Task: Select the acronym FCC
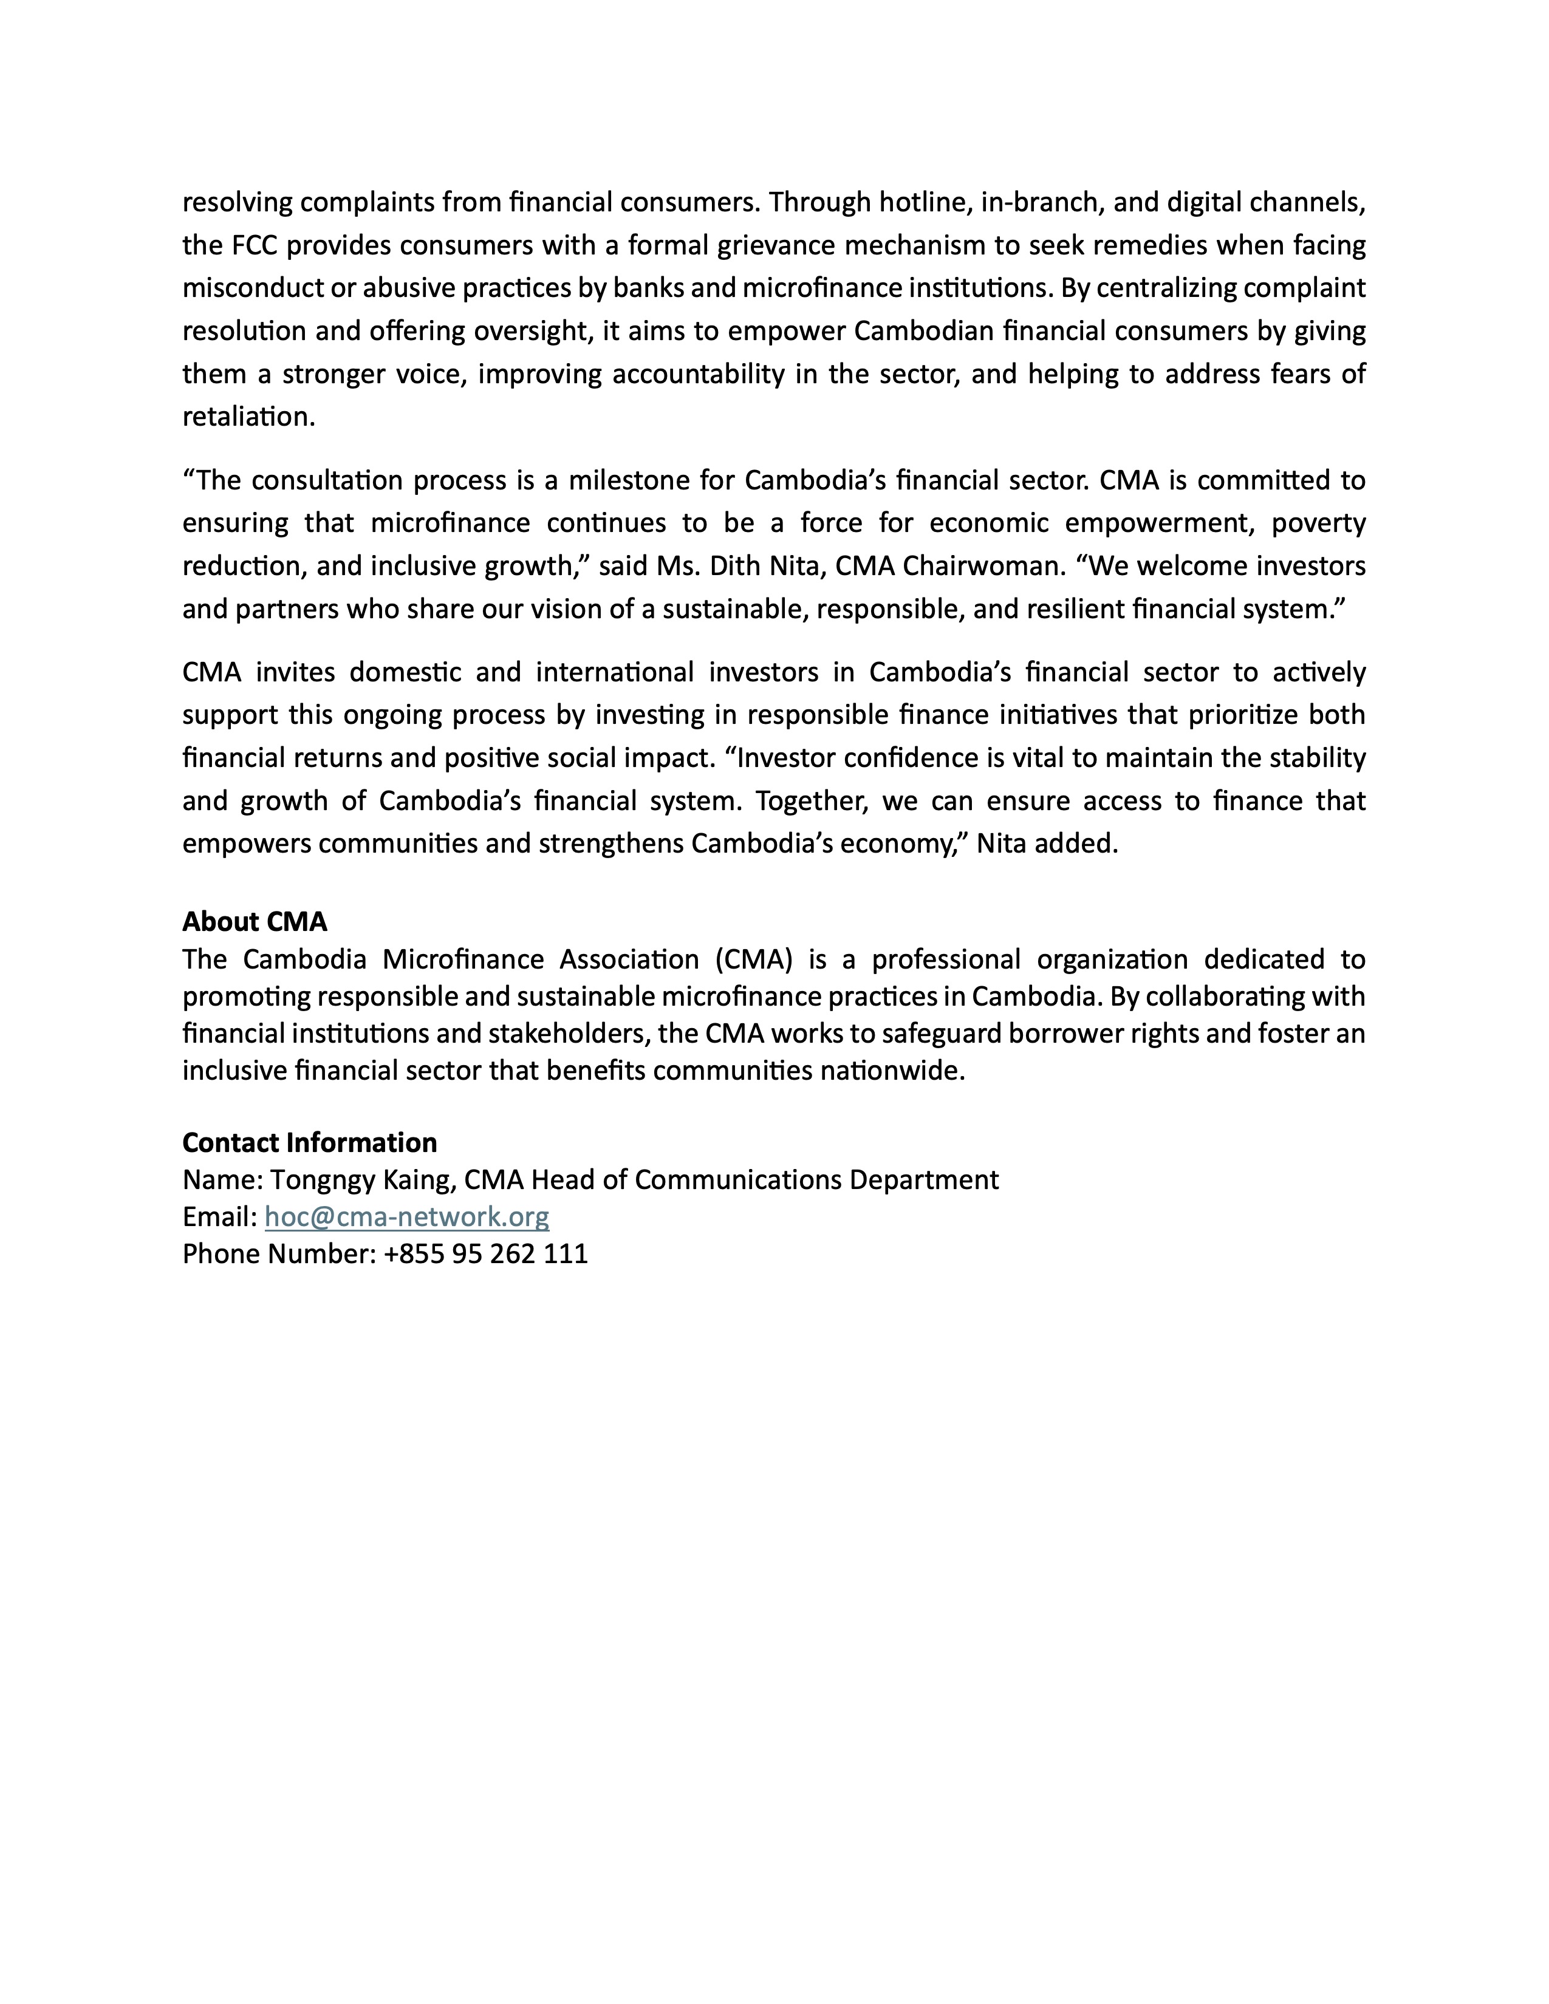tap(256, 245)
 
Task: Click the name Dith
tap(733, 566)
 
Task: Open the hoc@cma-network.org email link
tap(406, 1217)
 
